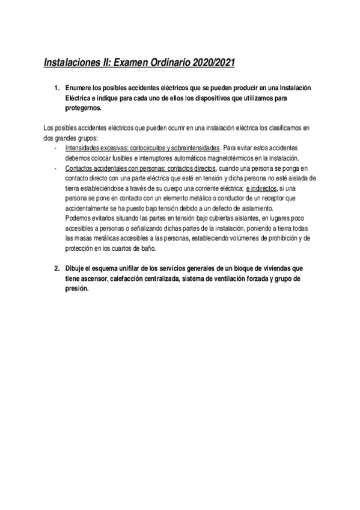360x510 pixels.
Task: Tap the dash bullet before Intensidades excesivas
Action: coord(55,148)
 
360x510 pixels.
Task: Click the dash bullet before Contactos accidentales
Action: coord(55,170)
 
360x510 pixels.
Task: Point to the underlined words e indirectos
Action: coord(259,189)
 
